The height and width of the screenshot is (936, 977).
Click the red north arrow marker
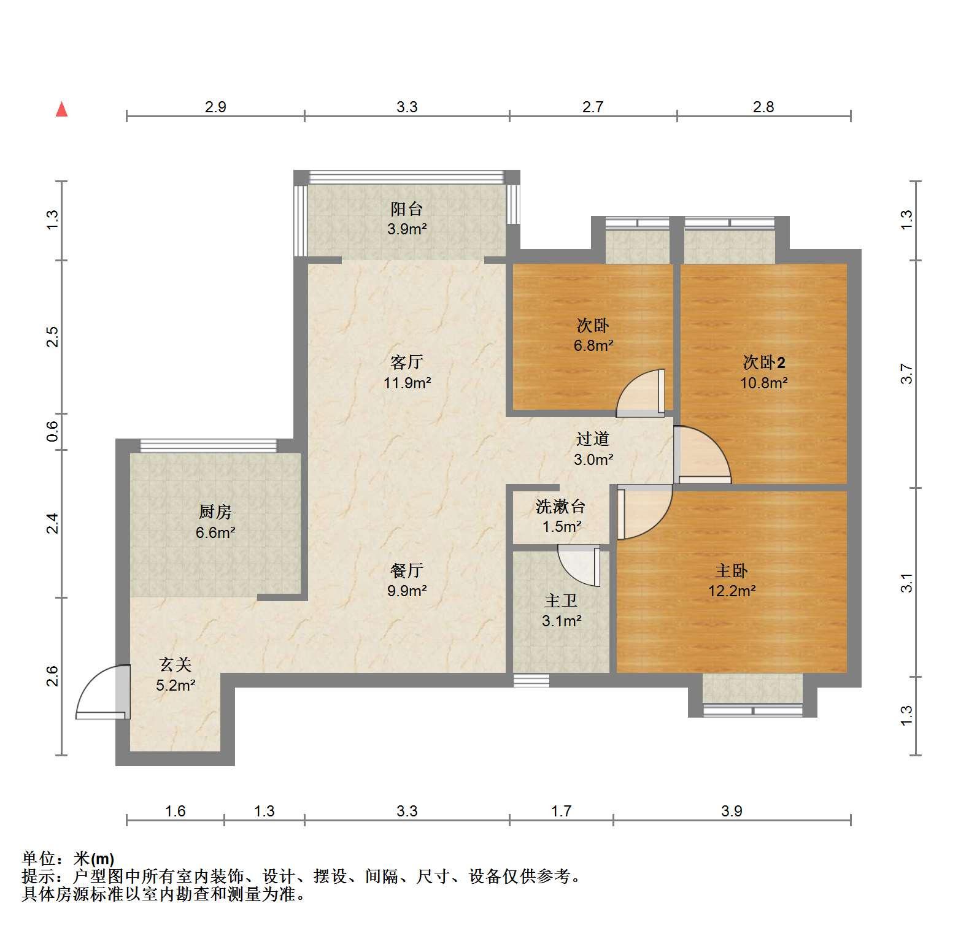(61, 109)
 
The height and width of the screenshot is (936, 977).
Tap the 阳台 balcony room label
(406, 209)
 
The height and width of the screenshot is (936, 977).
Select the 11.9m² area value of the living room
(407, 383)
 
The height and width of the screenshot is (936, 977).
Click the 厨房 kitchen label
(215, 511)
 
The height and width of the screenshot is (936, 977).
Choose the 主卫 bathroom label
(561, 600)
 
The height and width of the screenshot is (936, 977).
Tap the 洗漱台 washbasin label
(561, 507)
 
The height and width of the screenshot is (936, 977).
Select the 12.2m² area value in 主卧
(732, 591)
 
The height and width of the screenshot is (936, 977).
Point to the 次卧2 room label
(764, 363)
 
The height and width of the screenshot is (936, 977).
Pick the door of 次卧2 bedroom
(702, 455)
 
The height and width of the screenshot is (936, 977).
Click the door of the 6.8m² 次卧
(640, 393)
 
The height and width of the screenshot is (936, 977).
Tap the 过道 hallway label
(593, 439)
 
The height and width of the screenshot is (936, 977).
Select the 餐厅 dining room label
(407, 570)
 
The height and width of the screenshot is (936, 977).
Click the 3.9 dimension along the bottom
(732, 811)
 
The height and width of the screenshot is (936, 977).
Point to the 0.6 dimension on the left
(53, 432)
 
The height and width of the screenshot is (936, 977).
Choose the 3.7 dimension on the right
(906, 374)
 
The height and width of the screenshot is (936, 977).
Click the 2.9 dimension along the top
(215, 107)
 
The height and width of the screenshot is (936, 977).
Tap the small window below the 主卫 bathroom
(531, 680)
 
